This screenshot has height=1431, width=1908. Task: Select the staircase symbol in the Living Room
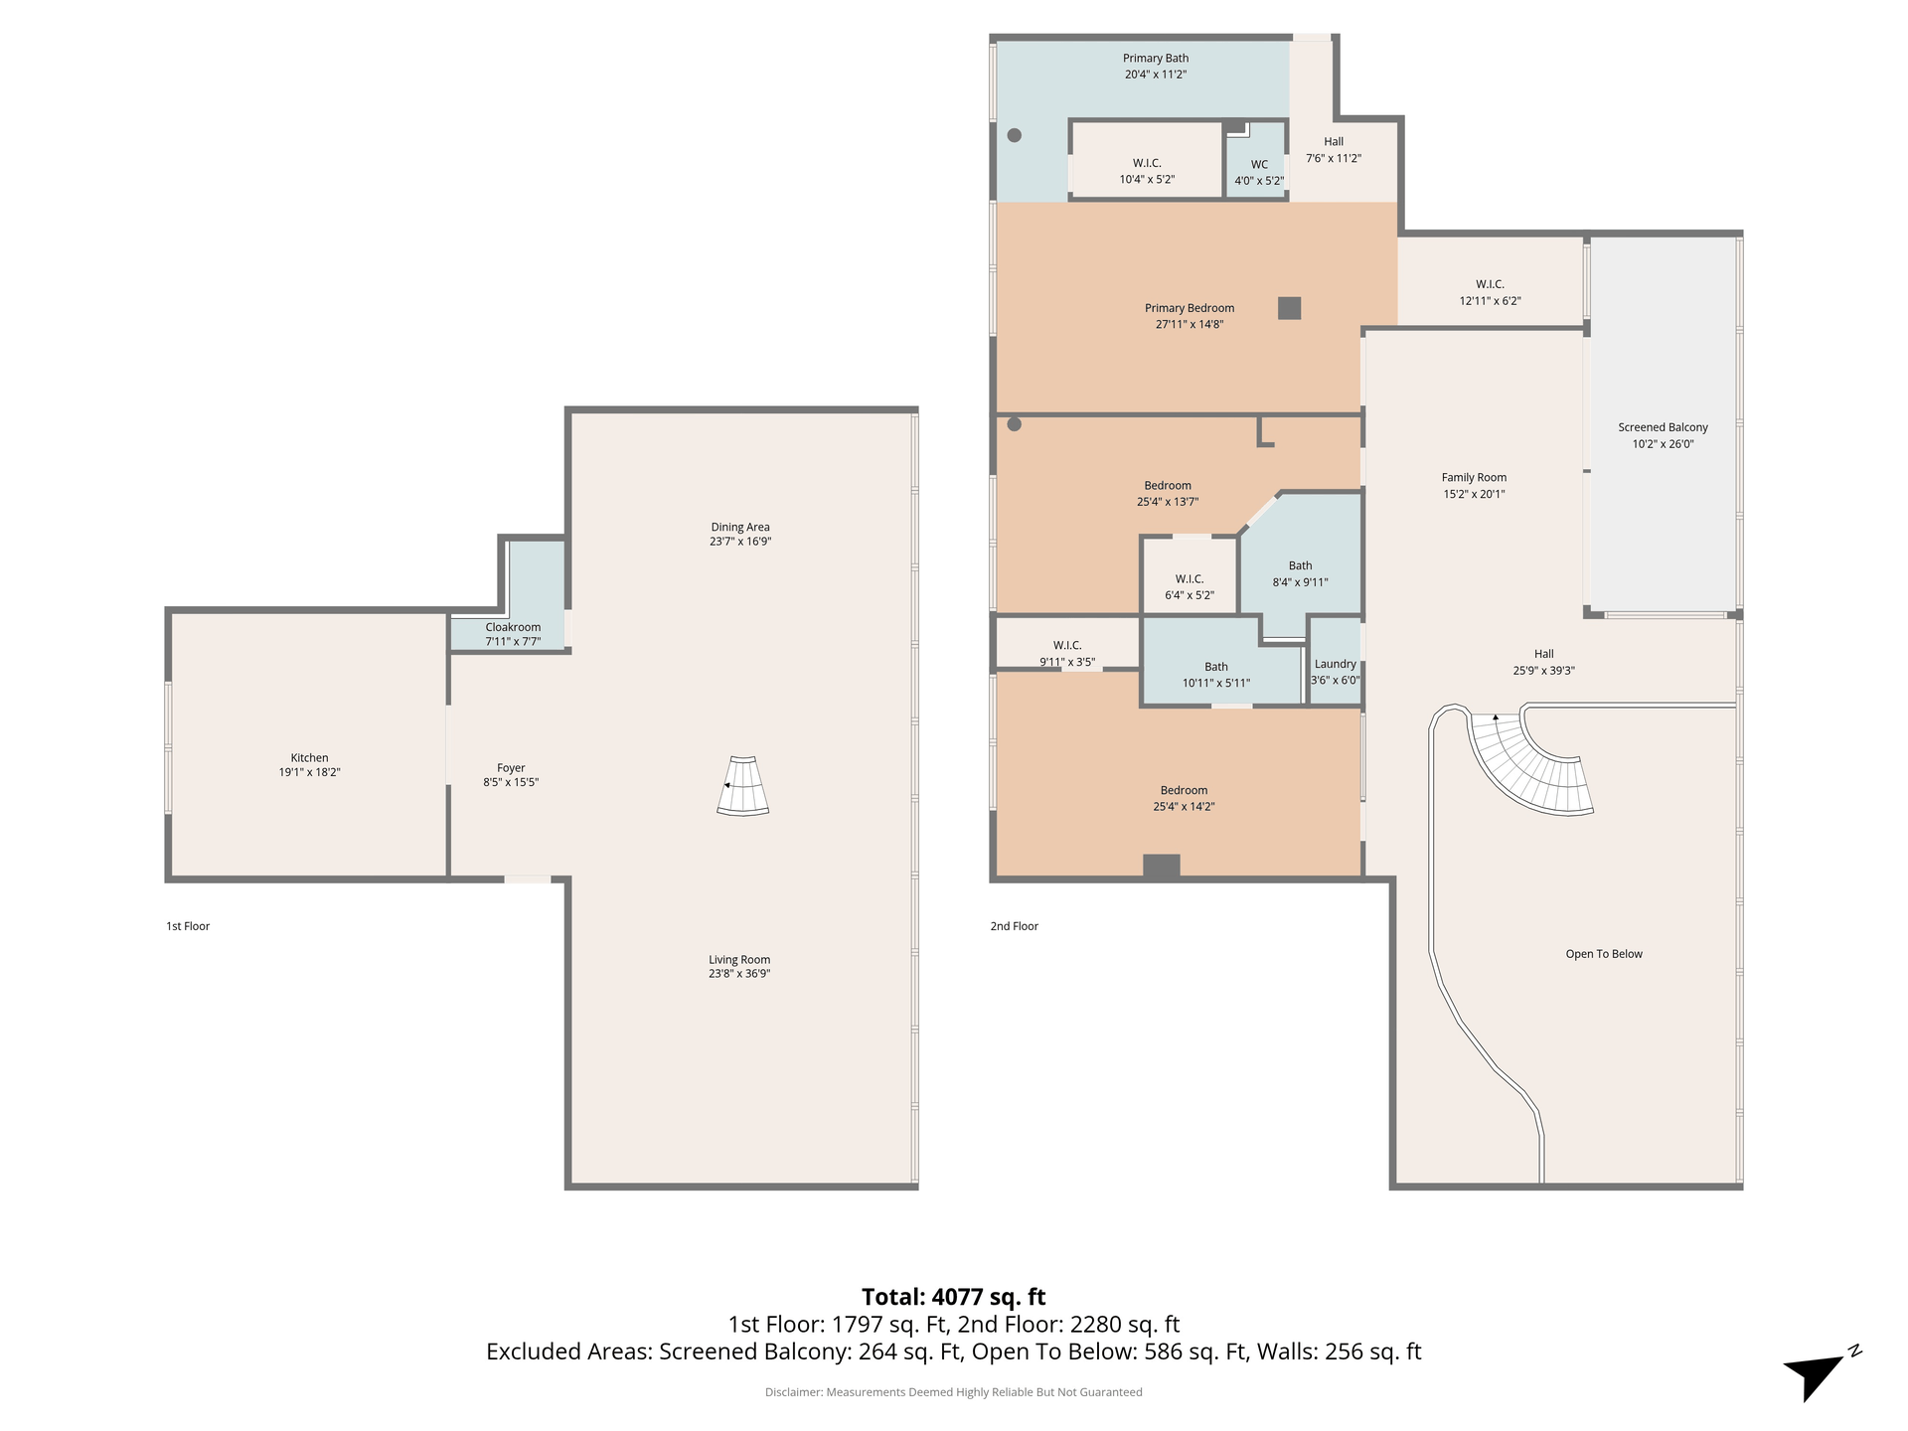(743, 786)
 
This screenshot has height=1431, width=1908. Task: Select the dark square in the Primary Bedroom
(1289, 308)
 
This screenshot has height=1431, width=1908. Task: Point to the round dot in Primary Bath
(1015, 135)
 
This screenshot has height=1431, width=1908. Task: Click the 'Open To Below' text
(1604, 954)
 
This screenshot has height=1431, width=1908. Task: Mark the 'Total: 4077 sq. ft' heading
(953, 1297)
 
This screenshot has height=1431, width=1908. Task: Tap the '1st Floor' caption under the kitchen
(188, 926)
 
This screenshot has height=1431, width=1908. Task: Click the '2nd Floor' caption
(1014, 926)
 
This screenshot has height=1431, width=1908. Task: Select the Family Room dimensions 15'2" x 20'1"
(1474, 494)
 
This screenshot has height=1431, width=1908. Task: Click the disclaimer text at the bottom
(953, 1392)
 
